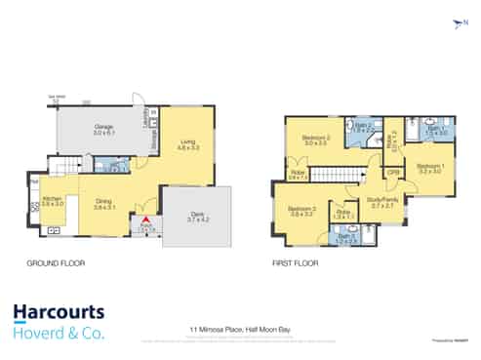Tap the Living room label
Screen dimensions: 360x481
(188, 145)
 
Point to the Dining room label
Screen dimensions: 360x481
(103, 204)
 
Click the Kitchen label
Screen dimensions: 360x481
(52, 200)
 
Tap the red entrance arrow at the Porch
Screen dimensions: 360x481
(146, 220)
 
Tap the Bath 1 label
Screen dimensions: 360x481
(438, 129)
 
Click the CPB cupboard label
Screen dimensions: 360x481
(393, 173)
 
